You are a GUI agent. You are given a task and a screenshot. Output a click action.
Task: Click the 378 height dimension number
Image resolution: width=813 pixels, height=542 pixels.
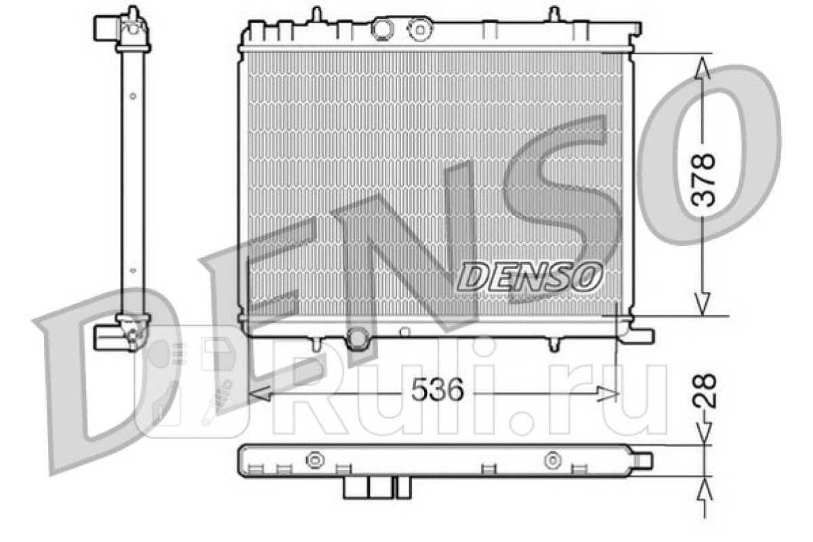click(x=703, y=180)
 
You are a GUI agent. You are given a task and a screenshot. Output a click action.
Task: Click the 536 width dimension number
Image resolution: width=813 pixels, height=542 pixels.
click(x=438, y=390)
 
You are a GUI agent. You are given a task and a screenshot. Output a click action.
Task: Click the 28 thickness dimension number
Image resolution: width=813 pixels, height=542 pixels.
click(x=705, y=391)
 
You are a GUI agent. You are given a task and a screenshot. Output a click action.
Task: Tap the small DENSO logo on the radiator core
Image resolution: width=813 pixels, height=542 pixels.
click(x=529, y=276)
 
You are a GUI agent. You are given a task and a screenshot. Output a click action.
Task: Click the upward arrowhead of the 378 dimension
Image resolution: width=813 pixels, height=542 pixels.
click(x=703, y=68)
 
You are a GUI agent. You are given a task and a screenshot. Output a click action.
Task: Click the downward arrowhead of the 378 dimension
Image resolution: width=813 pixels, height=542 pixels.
click(x=703, y=304)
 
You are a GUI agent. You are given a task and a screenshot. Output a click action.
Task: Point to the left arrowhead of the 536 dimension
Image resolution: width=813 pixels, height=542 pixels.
click(x=259, y=394)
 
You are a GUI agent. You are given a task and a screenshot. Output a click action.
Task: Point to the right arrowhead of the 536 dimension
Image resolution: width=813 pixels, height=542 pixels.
click(x=607, y=394)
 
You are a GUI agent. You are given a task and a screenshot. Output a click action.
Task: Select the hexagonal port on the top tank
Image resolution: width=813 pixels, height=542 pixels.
click(x=381, y=29)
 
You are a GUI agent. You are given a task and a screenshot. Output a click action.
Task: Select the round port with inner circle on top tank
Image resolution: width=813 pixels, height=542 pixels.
click(x=420, y=29)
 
